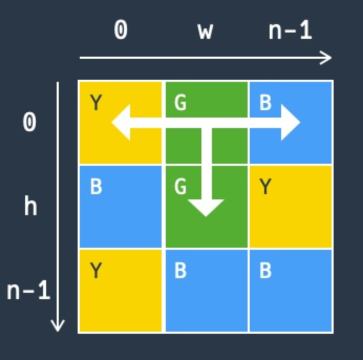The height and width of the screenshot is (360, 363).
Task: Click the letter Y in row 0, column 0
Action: pos(96,103)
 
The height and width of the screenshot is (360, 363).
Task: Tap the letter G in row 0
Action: pos(180,103)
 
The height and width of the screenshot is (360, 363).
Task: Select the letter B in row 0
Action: pos(265,103)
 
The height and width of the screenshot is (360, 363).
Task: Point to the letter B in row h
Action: pos(96,186)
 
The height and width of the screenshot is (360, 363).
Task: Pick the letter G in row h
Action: pos(180,186)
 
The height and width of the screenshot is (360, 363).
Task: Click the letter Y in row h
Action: pos(265,186)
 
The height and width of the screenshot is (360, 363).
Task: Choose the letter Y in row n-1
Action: pos(96,271)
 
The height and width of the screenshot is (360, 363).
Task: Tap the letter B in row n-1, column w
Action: pos(180,271)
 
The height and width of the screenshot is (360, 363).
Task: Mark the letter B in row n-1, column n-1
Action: pos(265,271)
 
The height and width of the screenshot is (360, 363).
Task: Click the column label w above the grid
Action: pos(205,31)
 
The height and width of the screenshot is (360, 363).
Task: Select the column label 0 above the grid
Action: pos(121,30)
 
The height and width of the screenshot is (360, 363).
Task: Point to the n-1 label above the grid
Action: pos(290,30)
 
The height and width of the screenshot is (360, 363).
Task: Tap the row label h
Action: pos(30,206)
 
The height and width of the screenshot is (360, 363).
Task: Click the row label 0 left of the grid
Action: pos(30,123)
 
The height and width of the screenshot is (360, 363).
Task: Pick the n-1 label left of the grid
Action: pos(28,290)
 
